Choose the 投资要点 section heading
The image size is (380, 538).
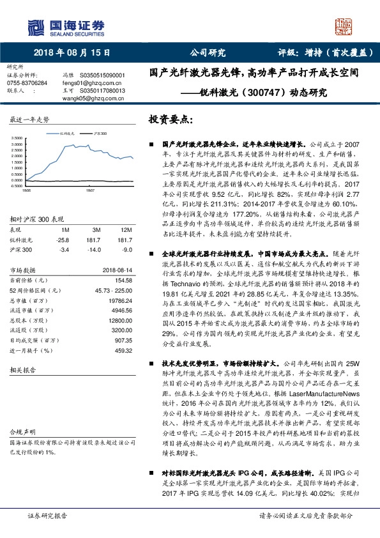pos(169,120)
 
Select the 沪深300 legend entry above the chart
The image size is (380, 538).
pos(97,133)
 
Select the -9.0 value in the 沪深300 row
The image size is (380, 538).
pos(126,249)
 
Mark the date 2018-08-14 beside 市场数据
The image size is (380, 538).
pos(116,269)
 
